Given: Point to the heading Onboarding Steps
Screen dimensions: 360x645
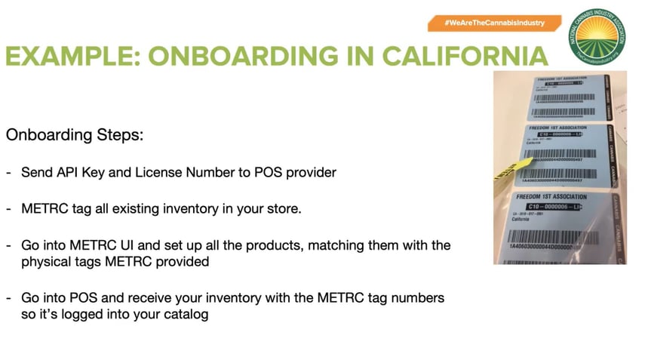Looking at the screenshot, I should [75, 136].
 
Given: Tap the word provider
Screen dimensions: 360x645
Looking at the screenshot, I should [310, 172].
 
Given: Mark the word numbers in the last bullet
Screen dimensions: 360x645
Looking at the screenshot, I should [419, 298].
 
